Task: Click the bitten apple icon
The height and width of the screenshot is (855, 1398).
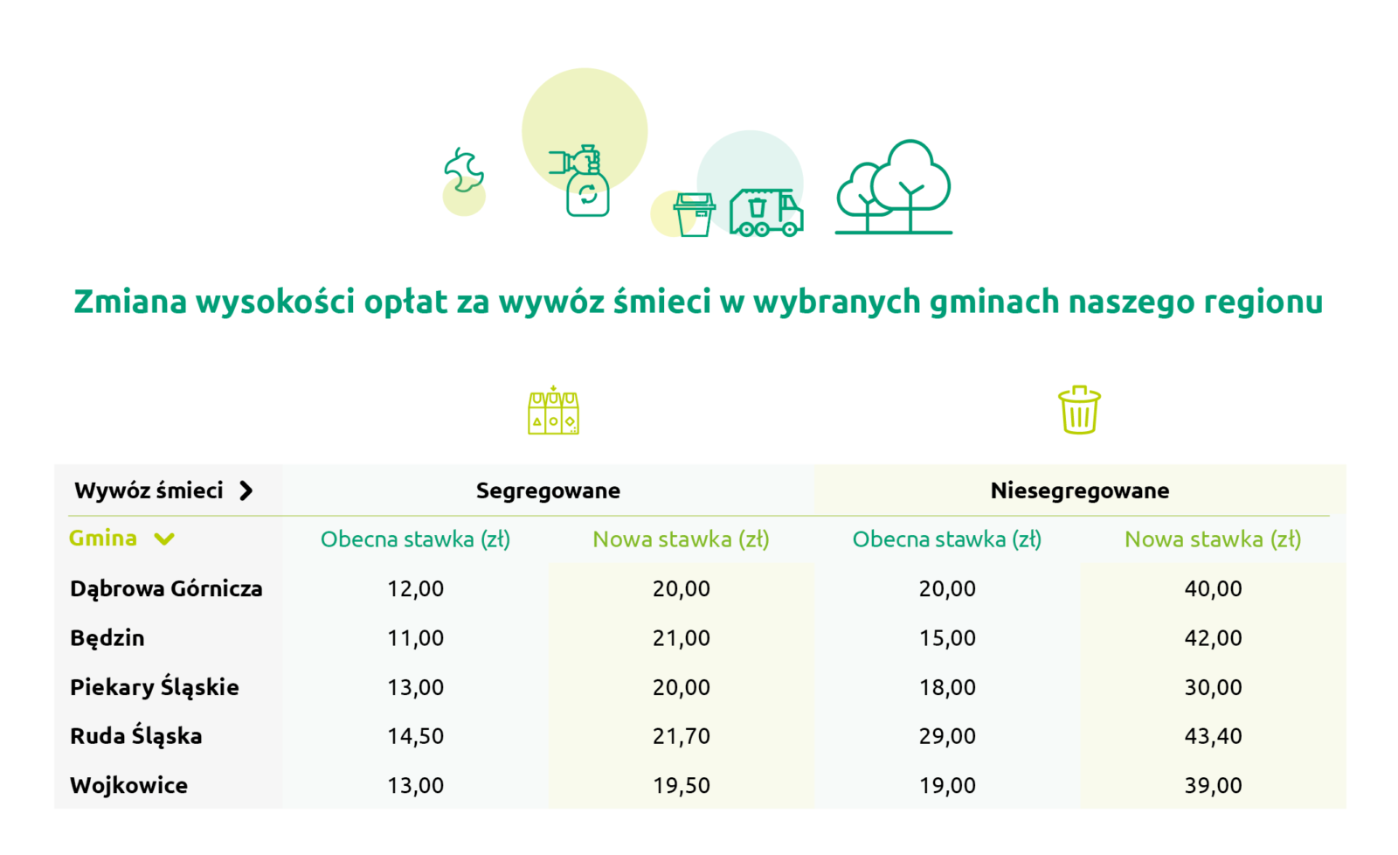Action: click(464, 170)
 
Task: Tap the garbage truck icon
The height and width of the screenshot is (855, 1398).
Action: click(766, 213)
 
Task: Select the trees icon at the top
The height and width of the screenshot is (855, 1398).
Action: click(894, 187)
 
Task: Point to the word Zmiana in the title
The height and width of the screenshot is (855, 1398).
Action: click(130, 301)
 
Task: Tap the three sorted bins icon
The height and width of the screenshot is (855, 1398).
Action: click(554, 410)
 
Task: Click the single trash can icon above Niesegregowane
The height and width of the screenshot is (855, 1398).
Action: click(1080, 410)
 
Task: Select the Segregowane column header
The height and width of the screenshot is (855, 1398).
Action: click(548, 491)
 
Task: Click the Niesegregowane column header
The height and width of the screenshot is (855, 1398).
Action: click(1080, 491)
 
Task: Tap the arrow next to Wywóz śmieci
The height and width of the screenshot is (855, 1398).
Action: click(246, 491)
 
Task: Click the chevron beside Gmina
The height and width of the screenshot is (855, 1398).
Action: click(164, 539)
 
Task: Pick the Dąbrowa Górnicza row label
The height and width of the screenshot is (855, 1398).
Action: click(166, 589)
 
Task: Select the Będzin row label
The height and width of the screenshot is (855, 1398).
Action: click(107, 638)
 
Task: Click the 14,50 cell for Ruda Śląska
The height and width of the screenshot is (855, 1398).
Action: click(416, 736)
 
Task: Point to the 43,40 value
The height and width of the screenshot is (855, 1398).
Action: click(1214, 736)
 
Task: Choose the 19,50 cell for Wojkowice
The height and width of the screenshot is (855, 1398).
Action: click(682, 786)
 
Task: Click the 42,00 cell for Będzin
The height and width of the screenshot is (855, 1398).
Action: click(1214, 638)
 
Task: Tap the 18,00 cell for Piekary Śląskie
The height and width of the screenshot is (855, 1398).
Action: click(947, 688)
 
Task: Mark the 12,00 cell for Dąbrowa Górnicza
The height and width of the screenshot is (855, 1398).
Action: click(416, 589)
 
